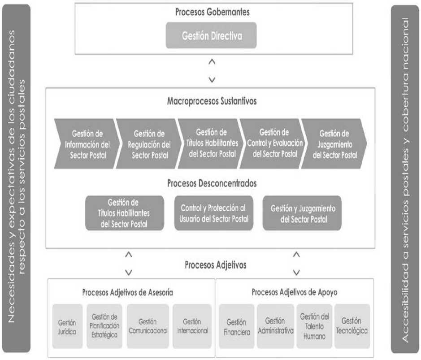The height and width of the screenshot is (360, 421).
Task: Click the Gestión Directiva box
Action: (x=211, y=35)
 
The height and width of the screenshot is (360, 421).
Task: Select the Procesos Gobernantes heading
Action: (x=213, y=12)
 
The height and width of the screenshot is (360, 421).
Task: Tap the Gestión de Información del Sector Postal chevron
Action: (x=87, y=144)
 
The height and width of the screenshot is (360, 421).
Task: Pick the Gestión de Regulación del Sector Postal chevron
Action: (x=149, y=144)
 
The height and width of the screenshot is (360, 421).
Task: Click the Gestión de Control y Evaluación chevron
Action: (x=273, y=144)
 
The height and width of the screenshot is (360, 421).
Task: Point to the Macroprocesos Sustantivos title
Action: (x=212, y=101)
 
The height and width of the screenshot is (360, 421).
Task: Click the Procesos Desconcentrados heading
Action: (x=212, y=183)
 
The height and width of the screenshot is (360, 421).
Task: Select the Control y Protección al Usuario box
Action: (x=214, y=213)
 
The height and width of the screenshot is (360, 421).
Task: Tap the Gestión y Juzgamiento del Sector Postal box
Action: (x=302, y=213)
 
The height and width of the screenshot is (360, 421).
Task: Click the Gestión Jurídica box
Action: (x=67, y=326)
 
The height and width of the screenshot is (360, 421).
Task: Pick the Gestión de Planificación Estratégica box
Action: (x=104, y=326)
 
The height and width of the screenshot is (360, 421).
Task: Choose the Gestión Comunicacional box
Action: (x=148, y=326)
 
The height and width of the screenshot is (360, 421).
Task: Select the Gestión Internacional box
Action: (x=192, y=326)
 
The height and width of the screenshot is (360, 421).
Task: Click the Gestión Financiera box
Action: (x=237, y=326)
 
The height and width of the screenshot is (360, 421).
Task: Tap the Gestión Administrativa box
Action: (x=275, y=326)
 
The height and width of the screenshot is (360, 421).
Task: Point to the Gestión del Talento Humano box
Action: (x=314, y=326)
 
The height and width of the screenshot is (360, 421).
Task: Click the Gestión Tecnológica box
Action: (x=352, y=326)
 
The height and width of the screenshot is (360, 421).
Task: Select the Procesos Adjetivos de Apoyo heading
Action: (x=295, y=292)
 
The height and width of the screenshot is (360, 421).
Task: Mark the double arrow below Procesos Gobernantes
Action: (x=212, y=71)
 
